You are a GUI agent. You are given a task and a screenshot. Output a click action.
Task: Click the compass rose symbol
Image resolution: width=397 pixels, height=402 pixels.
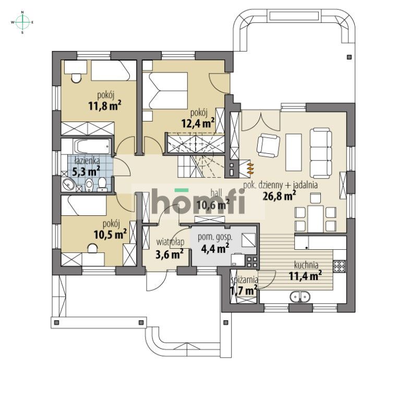click(x=22, y=22)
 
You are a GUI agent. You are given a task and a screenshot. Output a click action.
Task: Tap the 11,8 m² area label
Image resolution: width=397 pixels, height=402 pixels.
click(x=105, y=105)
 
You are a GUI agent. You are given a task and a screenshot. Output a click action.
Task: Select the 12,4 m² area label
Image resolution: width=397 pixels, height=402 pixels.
click(x=198, y=123)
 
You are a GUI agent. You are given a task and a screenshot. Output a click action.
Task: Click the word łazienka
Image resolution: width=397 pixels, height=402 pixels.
click(x=87, y=161)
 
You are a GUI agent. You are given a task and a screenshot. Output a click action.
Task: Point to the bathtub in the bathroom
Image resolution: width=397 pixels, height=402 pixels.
click(x=92, y=147)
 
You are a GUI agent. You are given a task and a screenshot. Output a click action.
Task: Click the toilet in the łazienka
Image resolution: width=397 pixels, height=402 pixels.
click(x=102, y=184)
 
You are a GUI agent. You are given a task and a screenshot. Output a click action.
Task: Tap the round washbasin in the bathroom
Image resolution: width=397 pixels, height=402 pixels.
click(x=68, y=185)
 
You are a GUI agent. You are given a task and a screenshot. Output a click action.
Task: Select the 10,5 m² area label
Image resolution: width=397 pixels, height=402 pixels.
click(x=110, y=234)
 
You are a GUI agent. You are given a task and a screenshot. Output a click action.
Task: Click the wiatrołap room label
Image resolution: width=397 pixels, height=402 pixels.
click(x=170, y=242)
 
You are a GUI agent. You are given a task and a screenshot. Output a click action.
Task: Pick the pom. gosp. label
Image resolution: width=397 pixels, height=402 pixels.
click(x=215, y=237)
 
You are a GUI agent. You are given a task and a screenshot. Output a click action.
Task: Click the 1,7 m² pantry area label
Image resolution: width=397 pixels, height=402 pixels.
click(x=244, y=291)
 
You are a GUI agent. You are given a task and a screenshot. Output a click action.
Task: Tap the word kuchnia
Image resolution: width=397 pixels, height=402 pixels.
click(x=306, y=264)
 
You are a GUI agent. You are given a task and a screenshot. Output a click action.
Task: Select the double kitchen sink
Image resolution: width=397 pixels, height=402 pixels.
click(x=300, y=297)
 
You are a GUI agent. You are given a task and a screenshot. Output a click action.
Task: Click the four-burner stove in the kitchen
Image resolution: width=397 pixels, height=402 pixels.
click(x=340, y=266)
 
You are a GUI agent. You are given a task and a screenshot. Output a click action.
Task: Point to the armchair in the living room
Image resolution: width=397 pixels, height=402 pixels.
click(x=268, y=145)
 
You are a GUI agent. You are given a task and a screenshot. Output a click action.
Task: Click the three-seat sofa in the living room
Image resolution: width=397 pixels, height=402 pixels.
click(x=321, y=153)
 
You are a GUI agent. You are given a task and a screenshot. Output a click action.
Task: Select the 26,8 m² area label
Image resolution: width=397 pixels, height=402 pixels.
click(x=279, y=196)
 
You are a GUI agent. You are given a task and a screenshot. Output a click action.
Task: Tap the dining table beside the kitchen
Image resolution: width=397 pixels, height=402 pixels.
click(x=316, y=218)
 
